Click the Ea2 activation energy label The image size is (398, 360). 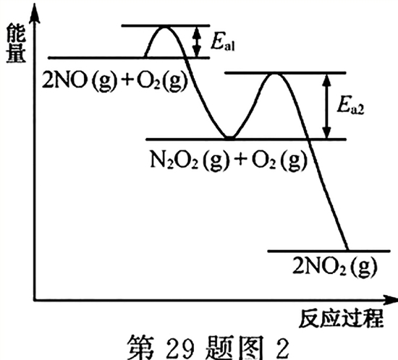point(350,106)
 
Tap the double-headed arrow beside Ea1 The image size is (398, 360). point(196,42)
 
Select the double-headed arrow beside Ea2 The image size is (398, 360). point(326,106)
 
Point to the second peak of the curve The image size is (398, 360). point(275,74)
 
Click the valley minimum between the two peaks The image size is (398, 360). point(229,137)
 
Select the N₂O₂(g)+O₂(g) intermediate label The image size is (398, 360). point(229,160)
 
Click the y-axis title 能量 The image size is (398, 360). point(16,43)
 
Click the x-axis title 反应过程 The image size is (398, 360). point(341,318)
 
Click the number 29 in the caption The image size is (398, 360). point(180,348)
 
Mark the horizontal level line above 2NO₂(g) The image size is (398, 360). point(329,252)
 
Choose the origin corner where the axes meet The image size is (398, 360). point(35,300)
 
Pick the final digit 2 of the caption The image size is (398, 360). point(281,348)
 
